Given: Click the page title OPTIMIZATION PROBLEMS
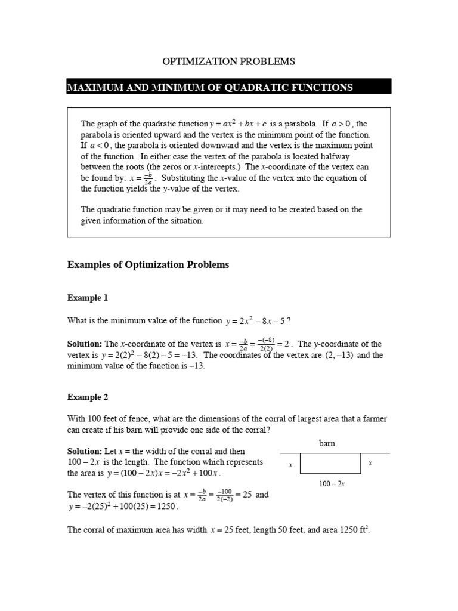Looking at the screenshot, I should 229,61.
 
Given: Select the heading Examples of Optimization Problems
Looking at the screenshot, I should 148,265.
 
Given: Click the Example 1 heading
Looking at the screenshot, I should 88,297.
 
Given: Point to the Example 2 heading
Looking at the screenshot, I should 88,397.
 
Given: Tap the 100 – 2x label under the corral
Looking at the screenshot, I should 332,483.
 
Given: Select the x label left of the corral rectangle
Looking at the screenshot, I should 290,464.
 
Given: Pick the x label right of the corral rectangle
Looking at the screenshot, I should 370,463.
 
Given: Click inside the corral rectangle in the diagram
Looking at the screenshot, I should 330,464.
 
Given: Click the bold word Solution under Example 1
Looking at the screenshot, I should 85,344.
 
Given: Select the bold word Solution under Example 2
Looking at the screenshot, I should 85,451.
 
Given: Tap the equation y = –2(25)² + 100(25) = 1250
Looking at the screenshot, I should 123,506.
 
